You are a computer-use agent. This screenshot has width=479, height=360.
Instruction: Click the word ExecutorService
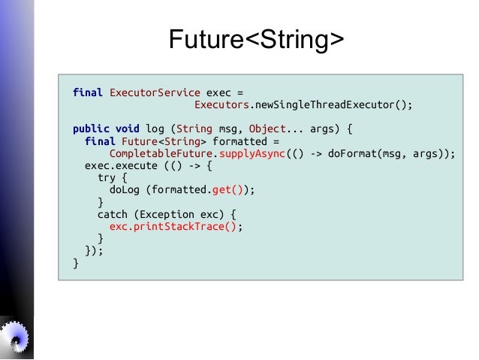coord(155,93)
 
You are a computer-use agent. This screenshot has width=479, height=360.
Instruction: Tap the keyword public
coord(91,129)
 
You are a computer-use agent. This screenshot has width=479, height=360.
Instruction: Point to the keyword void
coord(128,129)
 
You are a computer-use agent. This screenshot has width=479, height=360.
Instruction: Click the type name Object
coord(267,129)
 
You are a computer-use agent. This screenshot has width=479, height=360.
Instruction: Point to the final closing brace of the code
coord(76,263)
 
